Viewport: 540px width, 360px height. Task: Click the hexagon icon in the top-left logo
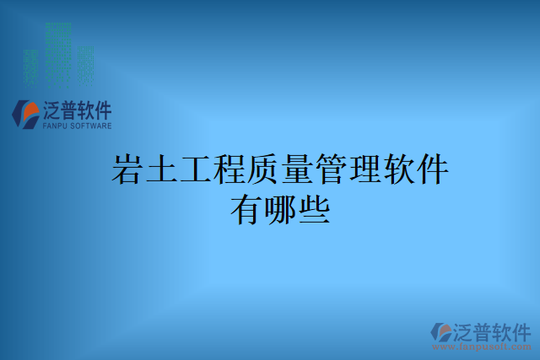coord(24,113)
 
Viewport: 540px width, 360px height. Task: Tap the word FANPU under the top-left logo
coord(52,126)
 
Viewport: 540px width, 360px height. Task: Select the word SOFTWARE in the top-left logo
coord(89,126)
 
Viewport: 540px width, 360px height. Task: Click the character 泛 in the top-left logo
coord(51,110)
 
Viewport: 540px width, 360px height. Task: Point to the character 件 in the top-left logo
coord(101,110)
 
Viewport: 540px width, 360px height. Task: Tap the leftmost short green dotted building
coord(31,67)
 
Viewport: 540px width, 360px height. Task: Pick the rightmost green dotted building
coord(85,66)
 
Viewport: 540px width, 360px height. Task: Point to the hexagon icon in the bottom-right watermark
coord(440,331)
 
